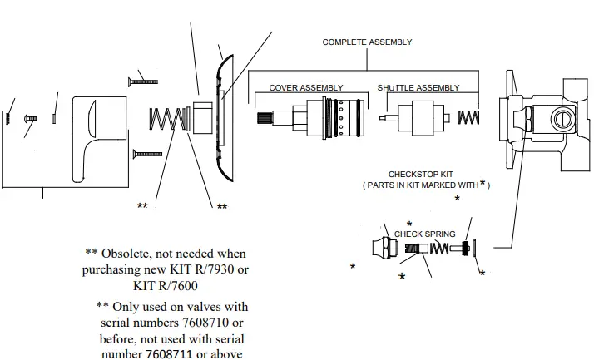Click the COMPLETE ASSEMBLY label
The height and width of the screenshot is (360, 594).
coord(367,42)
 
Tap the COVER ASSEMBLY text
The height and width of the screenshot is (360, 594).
coord(305,88)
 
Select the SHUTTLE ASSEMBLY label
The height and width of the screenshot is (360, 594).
coord(418,88)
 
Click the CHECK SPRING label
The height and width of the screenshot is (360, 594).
coord(424,234)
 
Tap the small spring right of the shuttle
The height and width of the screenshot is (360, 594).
coord(469,119)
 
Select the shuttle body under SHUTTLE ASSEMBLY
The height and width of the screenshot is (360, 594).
coord(418,119)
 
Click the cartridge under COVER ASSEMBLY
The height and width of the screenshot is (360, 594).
coord(329,119)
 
